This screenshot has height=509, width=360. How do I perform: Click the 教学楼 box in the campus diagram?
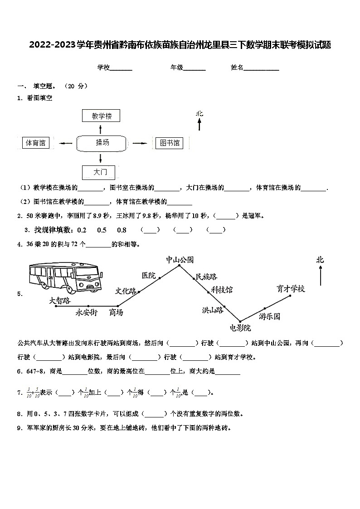(102, 116)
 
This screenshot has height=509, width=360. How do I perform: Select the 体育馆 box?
(36, 143)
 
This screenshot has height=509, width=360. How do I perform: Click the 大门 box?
(98, 172)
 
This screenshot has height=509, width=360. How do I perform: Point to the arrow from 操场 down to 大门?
(100, 158)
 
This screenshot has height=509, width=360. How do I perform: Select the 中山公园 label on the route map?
(180, 260)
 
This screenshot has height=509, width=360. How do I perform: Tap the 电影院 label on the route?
(240, 328)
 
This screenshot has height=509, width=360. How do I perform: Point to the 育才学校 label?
(291, 289)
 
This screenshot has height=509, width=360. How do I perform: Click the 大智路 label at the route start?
(60, 300)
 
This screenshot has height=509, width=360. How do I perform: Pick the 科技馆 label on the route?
(222, 289)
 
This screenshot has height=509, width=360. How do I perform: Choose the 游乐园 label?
(270, 316)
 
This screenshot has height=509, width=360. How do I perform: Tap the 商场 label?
(116, 312)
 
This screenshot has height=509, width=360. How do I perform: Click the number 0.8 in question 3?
(122, 230)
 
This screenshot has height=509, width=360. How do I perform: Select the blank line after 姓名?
(262, 68)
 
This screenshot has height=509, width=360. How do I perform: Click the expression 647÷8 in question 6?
(28, 371)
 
